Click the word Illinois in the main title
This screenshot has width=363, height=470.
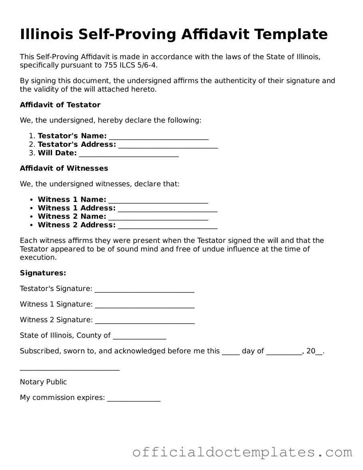46,34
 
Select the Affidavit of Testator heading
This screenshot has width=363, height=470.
60,105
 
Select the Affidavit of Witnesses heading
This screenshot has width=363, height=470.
64,168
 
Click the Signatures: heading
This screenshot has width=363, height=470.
43,273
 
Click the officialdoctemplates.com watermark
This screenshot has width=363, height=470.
242,452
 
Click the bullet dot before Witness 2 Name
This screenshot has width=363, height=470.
31,216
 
